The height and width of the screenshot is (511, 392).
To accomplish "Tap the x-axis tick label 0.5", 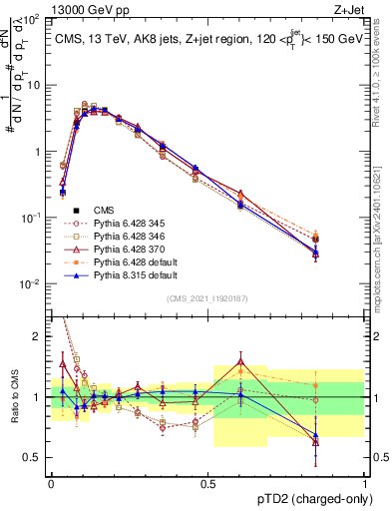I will (x=207, y=481).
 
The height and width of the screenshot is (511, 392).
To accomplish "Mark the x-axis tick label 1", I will (x=364, y=481).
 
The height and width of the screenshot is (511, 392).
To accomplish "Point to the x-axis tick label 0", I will (x=52, y=481).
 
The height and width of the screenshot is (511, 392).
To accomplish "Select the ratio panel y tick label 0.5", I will (x=36, y=457).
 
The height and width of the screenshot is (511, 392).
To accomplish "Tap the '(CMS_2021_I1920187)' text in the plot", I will (x=207, y=296).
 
